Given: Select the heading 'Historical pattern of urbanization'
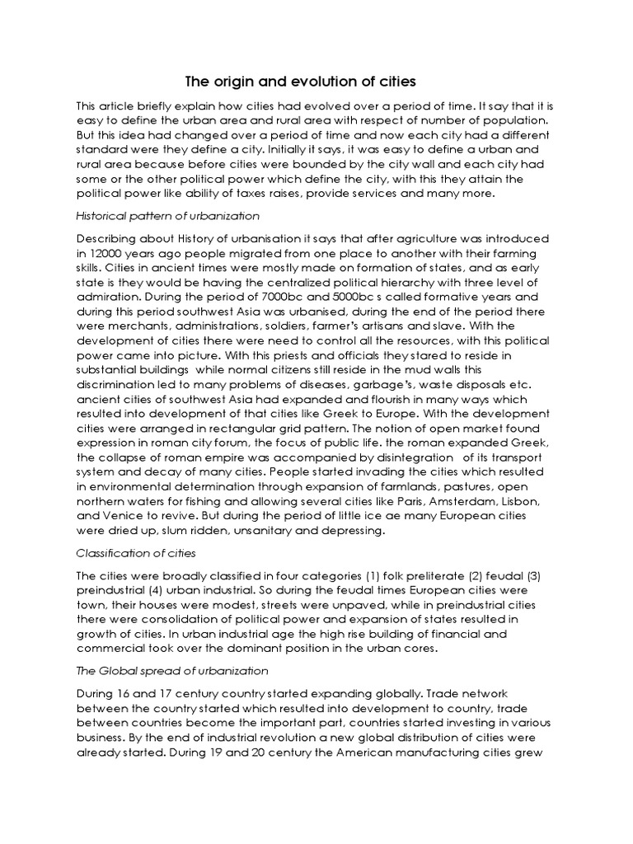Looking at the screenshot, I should pos(167,215).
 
